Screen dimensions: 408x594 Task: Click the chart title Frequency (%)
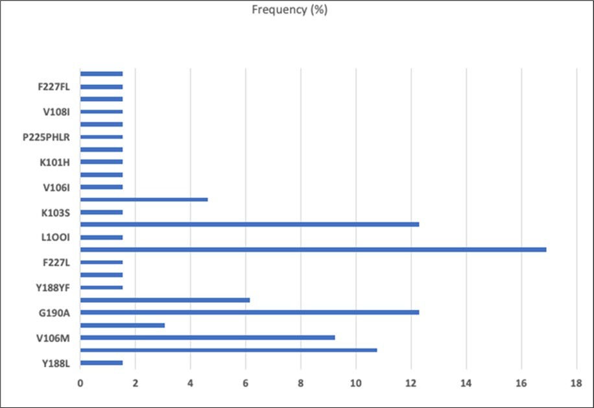[x=294, y=10]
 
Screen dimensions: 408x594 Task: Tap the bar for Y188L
[x=101, y=363]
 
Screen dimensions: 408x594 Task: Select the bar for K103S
[x=101, y=212]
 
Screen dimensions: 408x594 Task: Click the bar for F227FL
[x=101, y=87]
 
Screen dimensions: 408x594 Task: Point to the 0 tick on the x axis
[x=80, y=383]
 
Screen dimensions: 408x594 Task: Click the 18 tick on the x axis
[x=576, y=383]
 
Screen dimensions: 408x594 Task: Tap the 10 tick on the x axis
[x=355, y=383]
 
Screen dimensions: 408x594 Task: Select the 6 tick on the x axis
[x=245, y=383]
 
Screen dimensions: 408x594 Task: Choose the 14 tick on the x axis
[x=466, y=383]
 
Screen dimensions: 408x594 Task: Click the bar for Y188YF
[x=101, y=287]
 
